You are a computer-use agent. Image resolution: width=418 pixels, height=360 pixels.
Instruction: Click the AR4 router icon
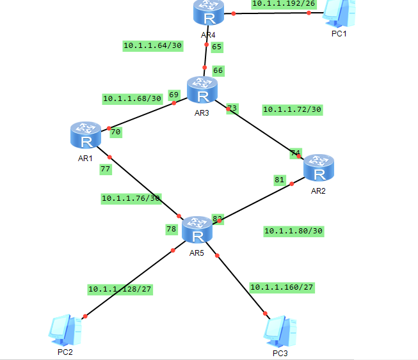207,12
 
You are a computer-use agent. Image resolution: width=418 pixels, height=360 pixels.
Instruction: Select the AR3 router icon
202,91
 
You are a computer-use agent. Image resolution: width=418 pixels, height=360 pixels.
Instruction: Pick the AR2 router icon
319,169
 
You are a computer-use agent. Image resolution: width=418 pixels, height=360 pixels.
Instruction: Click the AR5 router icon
197,231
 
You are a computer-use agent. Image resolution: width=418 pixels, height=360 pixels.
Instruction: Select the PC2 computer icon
65,329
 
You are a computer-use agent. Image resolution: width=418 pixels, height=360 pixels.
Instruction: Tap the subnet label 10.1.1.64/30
152,45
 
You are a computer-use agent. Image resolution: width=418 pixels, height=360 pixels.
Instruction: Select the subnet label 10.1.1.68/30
132,98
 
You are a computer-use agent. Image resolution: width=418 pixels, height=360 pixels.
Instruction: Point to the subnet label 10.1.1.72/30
292,109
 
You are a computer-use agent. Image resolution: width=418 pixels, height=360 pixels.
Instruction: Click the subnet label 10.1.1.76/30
131,198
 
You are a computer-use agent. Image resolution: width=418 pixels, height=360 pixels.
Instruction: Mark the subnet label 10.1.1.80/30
293,231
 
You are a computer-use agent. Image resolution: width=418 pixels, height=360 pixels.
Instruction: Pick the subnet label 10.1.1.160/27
282,287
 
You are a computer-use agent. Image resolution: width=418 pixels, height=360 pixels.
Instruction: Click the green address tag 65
216,47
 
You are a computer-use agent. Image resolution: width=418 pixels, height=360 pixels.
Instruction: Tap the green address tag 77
106,169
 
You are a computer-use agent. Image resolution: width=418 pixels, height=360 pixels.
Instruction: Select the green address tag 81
279,180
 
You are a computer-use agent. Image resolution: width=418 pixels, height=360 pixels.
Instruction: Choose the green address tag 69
173,95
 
